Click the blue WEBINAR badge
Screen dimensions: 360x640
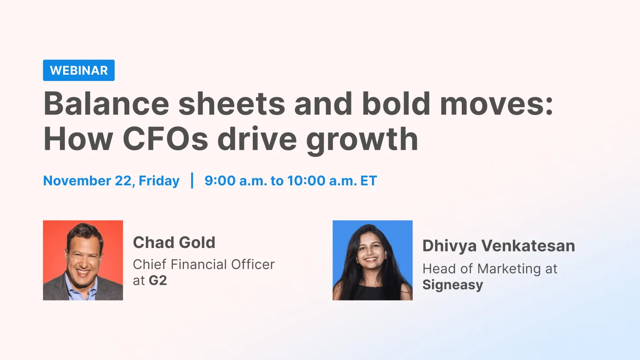(79, 70)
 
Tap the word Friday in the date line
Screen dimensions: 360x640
(159, 181)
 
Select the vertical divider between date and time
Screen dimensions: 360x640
(192, 181)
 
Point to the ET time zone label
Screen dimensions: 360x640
(368, 181)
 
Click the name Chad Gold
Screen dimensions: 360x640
(174, 243)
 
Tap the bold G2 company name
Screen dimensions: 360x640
(158, 281)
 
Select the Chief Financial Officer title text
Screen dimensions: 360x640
(204, 264)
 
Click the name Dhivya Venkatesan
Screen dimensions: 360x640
(498, 246)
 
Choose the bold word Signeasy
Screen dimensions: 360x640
(452, 285)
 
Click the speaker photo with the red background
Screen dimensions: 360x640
(83, 260)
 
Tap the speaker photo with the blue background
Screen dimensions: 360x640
(372, 260)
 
